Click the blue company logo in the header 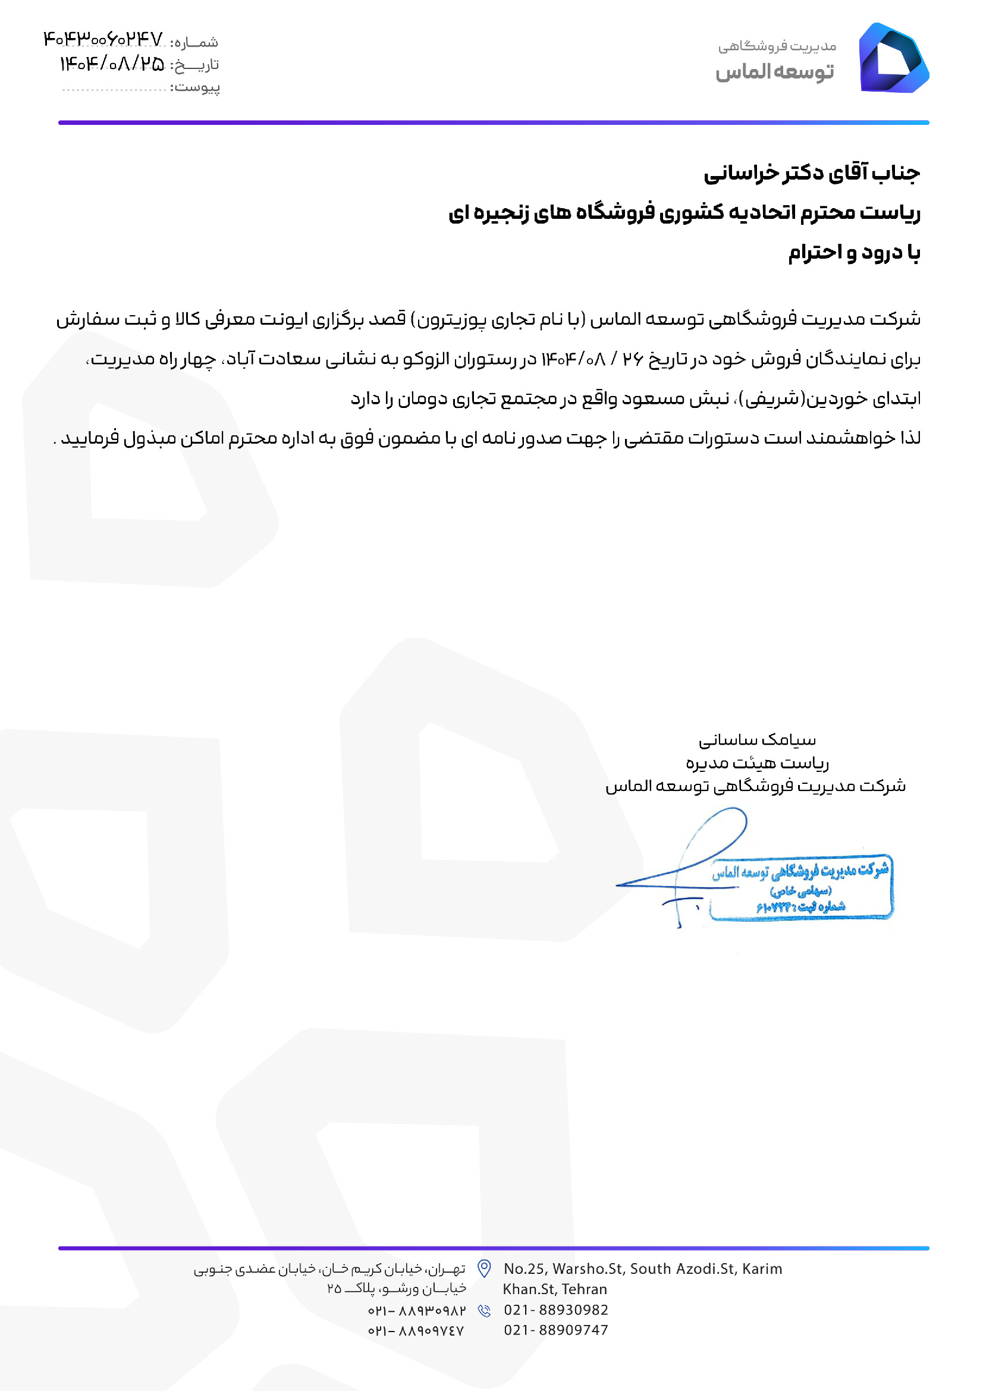click(x=893, y=59)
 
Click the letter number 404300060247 click(x=103, y=40)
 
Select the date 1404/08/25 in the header click(x=112, y=64)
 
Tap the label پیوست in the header click(x=196, y=88)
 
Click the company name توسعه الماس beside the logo click(x=775, y=72)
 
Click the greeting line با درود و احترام click(x=854, y=253)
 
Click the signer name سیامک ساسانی click(x=757, y=740)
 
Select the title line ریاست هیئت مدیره click(x=757, y=763)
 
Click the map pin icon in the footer click(x=484, y=1268)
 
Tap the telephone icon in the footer click(x=484, y=1311)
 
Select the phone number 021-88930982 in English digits click(x=555, y=1310)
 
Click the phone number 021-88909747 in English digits click(x=555, y=1330)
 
